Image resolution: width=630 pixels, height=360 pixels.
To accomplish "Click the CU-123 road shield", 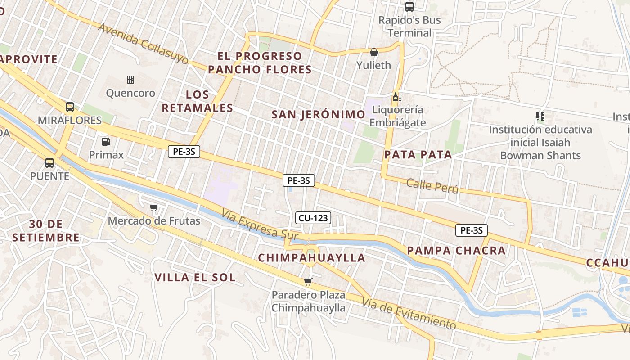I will click(314, 218).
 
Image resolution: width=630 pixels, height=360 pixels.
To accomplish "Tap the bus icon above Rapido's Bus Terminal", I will click(409, 7).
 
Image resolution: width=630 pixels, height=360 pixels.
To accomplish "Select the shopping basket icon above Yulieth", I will click(373, 52).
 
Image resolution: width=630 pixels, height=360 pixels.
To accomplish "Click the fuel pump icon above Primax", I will click(106, 142).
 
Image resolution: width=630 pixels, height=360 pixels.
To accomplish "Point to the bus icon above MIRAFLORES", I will click(70, 107).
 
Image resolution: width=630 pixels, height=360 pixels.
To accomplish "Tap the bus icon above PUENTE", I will click(49, 163).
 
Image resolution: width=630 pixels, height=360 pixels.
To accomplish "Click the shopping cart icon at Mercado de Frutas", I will click(154, 207).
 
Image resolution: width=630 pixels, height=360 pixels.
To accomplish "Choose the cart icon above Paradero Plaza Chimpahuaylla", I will click(308, 282).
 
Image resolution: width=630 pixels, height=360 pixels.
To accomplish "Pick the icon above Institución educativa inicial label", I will click(540, 117).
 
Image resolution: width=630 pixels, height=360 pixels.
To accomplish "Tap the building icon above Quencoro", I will click(130, 80).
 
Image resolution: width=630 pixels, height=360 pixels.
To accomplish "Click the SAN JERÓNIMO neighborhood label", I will click(318, 114).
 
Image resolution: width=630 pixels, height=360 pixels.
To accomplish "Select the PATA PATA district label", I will click(418, 155).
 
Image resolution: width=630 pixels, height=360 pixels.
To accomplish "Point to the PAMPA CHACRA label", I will click(456, 251).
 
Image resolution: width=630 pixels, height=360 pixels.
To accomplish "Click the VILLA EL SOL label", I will click(195, 278).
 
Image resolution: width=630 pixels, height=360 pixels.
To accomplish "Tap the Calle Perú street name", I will click(432, 186).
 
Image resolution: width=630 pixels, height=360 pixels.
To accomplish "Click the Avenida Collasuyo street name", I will click(143, 44).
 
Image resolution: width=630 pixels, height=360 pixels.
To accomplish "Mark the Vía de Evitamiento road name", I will click(409, 313).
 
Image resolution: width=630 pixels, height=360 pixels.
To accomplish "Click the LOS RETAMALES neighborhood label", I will click(198, 101).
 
